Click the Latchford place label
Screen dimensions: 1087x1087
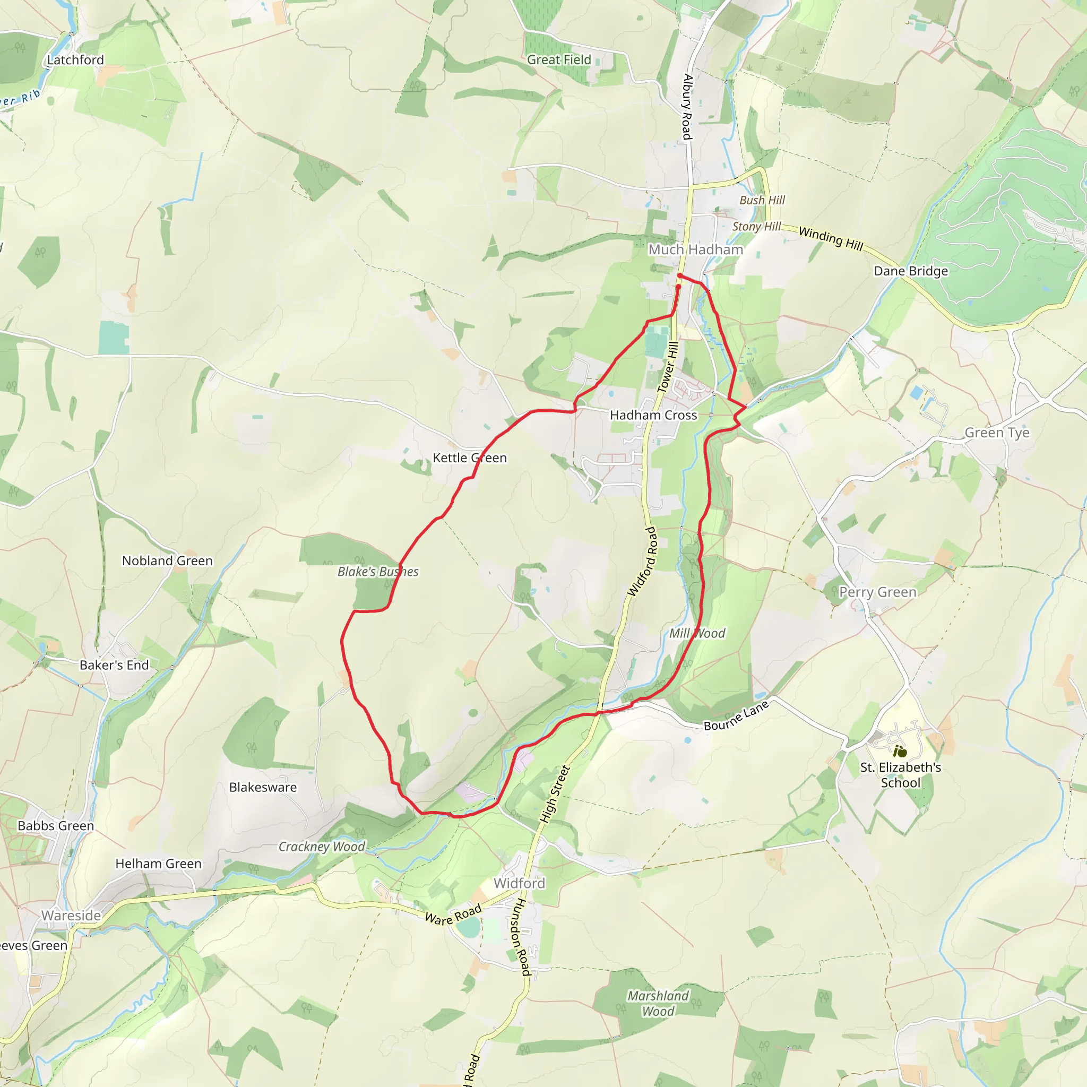click(x=75, y=59)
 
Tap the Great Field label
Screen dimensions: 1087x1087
click(x=559, y=59)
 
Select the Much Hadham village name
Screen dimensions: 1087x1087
click(x=695, y=249)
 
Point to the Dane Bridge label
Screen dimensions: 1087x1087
click(x=910, y=271)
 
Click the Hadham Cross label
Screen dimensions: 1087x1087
click(x=653, y=415)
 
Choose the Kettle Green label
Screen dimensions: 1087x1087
click(x=469, y=458)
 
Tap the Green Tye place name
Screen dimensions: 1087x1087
click(x=997, y=433)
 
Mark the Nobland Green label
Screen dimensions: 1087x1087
click(x=167, y=561)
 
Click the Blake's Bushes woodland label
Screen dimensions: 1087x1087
click(x=377, y=572)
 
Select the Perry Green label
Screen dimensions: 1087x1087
click(x=878, y=592)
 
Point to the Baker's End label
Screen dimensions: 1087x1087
click(x=114, y=665)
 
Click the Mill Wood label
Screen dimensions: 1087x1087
click(x=696, y=634)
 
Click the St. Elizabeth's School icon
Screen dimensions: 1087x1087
click(x=900, y=751)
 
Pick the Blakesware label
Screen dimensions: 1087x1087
click(x=263, y=787)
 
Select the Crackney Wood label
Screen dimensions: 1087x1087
click(x=322, y=847)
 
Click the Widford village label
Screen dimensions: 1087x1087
click(x=519, y=883)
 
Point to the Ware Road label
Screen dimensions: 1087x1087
click(x=453, y=915)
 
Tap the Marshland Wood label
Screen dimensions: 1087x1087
click(x=658, y=1003)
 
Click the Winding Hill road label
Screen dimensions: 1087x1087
click(x=831, y=238)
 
